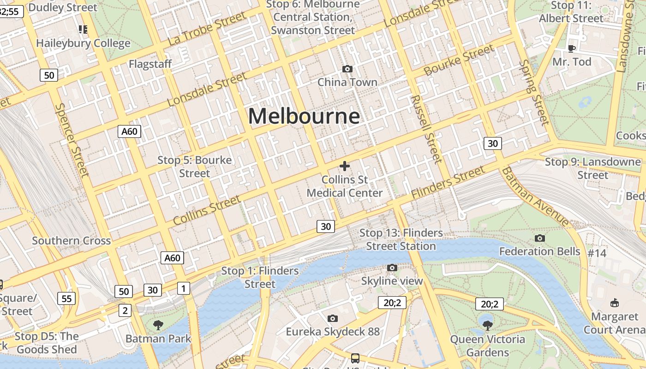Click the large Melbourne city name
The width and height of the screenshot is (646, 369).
click(x=304, y=116)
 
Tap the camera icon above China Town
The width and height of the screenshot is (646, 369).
click(x=347, y=69)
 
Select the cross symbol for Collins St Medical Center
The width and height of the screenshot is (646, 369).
click(x=345, y=166)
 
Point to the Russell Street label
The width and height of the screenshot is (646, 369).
click(x=426, y=129)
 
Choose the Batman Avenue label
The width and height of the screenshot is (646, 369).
click(x=535, y=196)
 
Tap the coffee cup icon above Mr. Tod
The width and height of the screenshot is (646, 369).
click(x=572, y=48)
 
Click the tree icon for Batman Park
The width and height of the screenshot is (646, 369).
click(x=158, y=325)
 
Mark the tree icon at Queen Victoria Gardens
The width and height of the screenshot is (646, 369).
click(x=487, y=325)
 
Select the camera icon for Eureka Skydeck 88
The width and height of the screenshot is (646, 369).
click(x=332, y=318)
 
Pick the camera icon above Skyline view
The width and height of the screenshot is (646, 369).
click(x=392, y=268)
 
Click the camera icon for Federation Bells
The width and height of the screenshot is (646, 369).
click(x=539, y=238)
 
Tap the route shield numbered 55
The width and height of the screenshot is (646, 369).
click(x=66, y=298)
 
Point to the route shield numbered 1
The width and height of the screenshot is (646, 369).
click(x=184, y=289)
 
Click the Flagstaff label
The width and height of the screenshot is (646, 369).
click(x=150, y=64)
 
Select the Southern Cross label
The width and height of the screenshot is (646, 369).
click(x=71, y=240)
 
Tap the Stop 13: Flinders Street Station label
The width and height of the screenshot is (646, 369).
click(x=401, y=239)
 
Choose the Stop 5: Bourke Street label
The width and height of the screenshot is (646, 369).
click(x=194, y=167)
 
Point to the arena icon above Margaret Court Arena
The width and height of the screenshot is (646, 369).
click(x=614, y=303)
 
